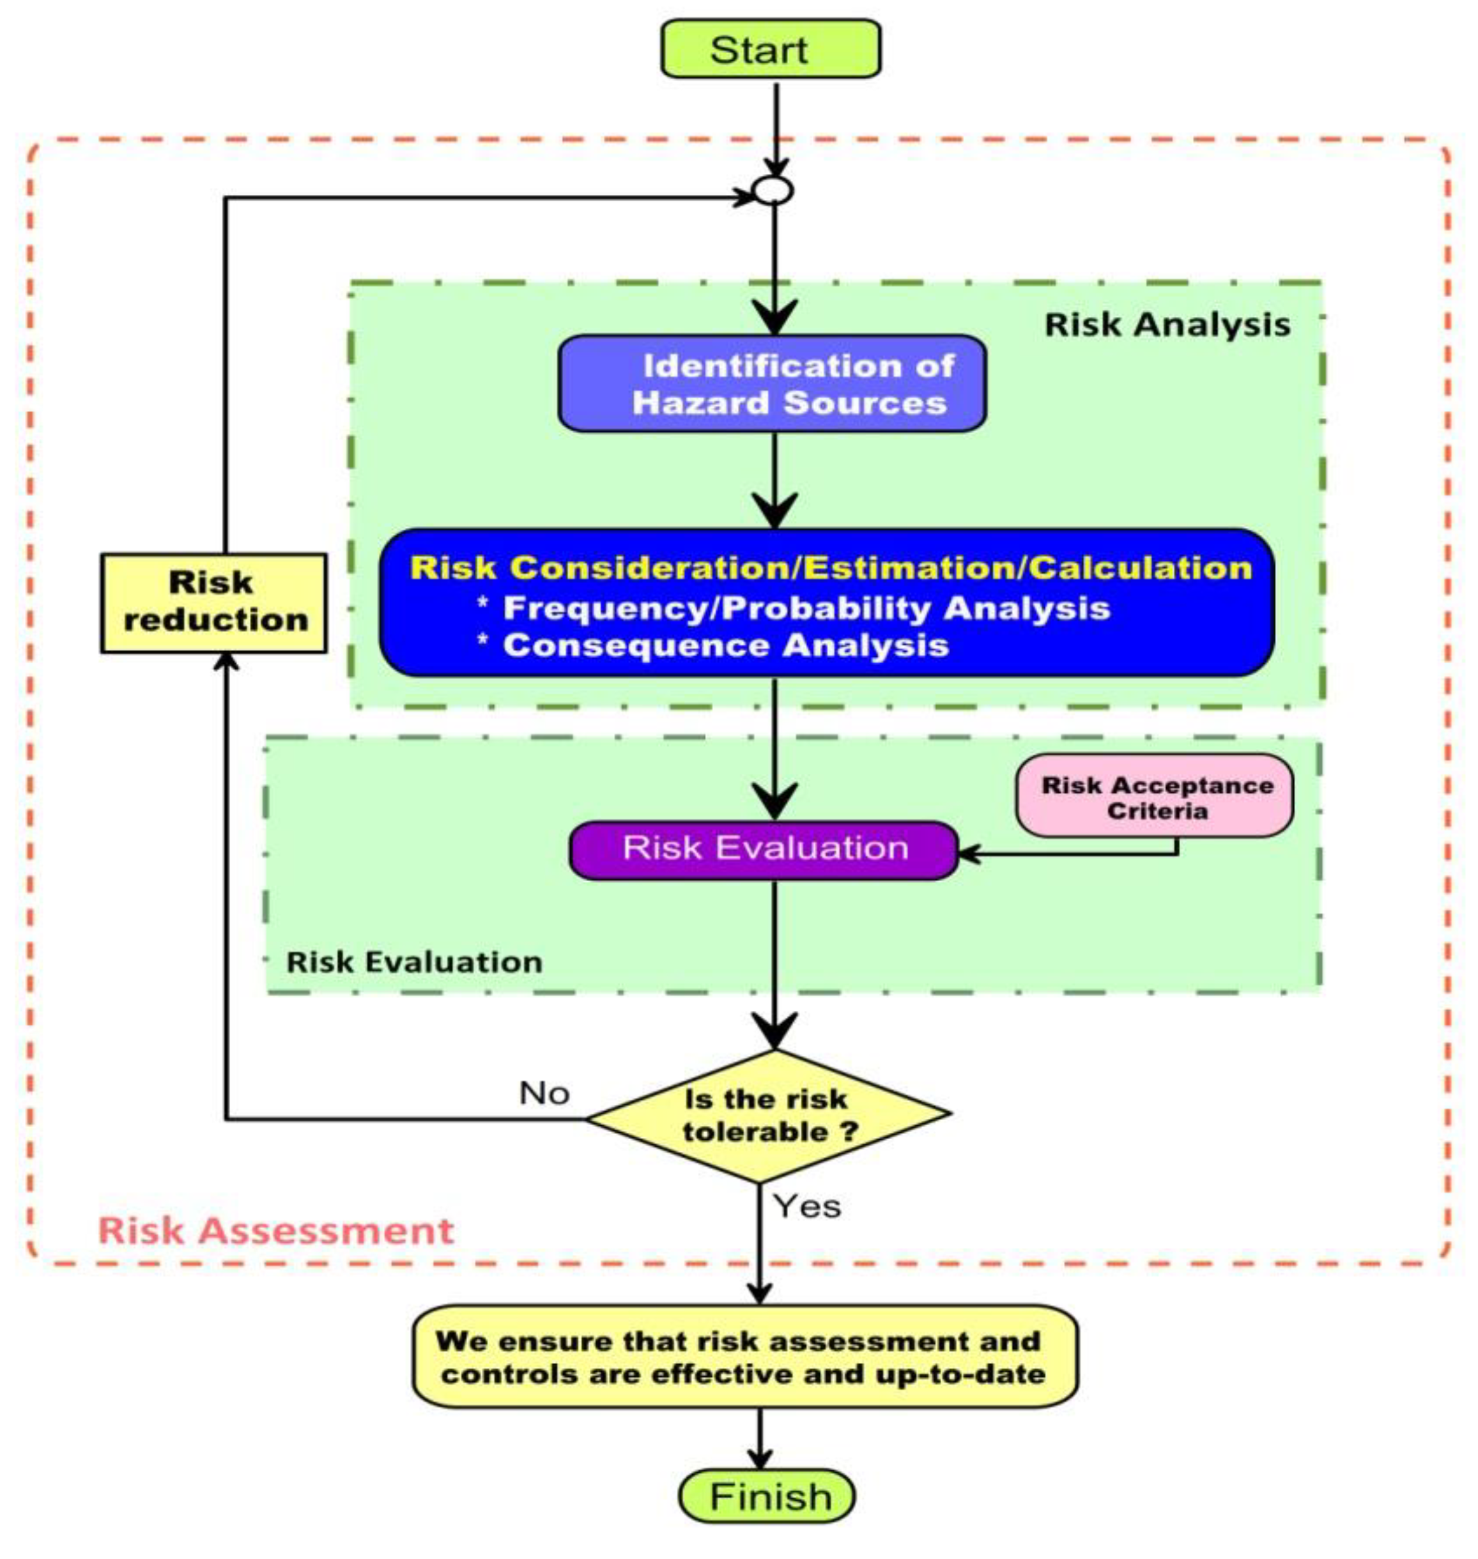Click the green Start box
tap(770, 49)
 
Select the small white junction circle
tap(773, 190)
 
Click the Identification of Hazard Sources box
tap(772, 383)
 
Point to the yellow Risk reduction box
tap(213, 603)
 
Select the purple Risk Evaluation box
tap(764, 849)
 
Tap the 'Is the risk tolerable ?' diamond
tap(768, 1115)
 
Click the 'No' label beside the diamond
tap(544, 1093)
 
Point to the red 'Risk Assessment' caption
tap(276, 1231)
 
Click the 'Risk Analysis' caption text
tap(1167, 325)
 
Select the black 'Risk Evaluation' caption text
tap(415, 962)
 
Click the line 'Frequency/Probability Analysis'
tap(805, 608)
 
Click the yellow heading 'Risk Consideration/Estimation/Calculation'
tap(831, 568)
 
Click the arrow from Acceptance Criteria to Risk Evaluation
tap(1072, 853)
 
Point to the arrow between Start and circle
tap(776, 126)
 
